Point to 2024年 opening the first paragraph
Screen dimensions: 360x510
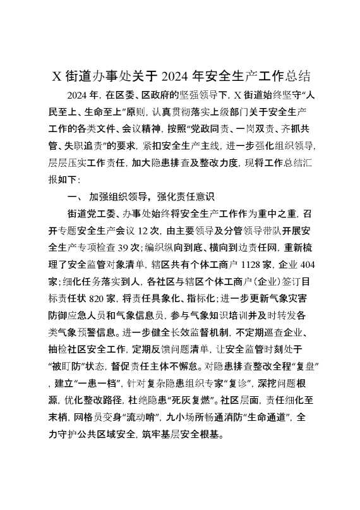pyautogui.click(x=82, y=97)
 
